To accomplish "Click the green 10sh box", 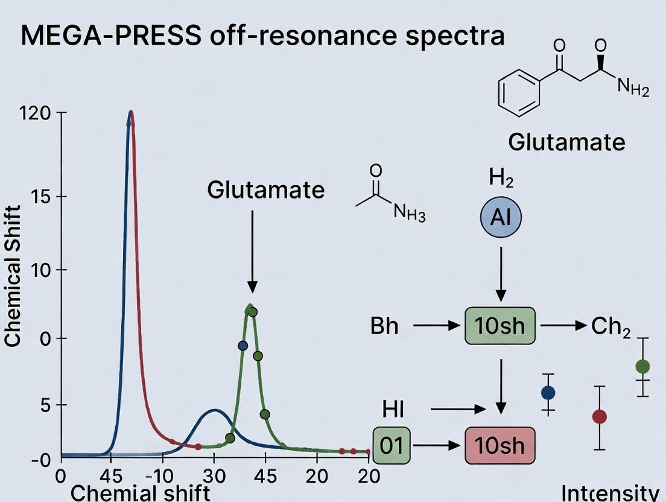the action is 500,326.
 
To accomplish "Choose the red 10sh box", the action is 500,446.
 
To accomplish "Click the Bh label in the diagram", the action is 384,326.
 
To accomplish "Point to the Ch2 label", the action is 610,327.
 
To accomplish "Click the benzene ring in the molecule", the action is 519,92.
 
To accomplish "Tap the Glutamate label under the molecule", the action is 566,142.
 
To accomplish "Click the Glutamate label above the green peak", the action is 265,190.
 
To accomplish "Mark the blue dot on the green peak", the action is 243,346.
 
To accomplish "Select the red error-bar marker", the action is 599,416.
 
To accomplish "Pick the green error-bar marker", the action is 642,366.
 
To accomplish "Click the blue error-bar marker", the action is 548,393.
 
